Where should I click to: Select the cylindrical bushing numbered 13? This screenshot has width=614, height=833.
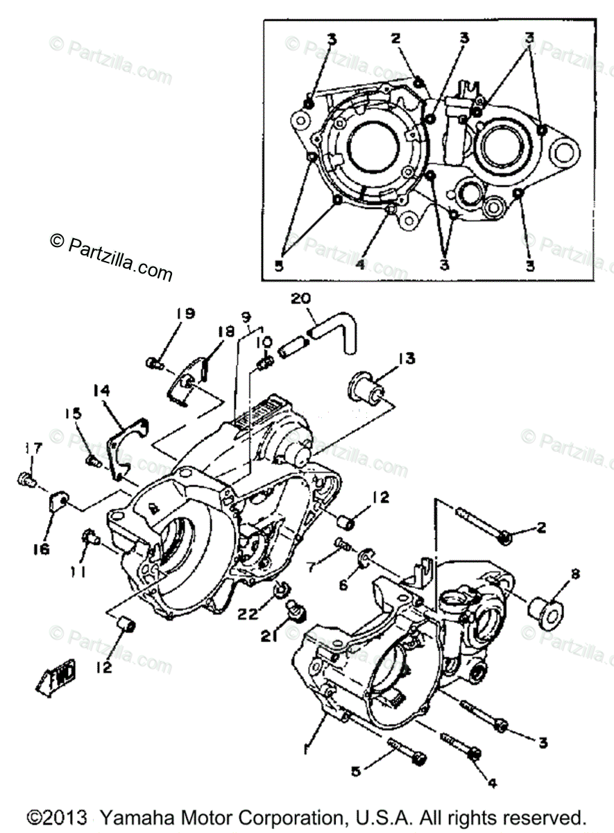click(x=370, y=389)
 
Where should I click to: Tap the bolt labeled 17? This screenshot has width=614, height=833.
click(x=26, y=478)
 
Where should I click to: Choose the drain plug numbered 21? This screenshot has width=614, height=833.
click(x=296, y=610)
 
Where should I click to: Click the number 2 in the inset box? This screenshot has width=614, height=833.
click(x=395, y=39)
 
